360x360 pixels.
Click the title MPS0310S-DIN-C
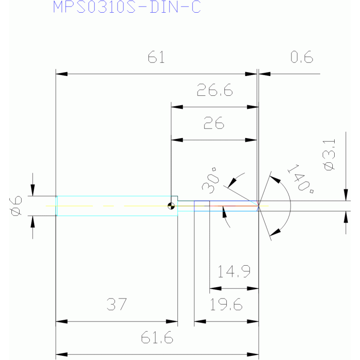click(x=127, y=7)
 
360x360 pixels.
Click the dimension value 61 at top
click(x=156, y=57)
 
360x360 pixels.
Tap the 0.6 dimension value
click(x=302, y=57)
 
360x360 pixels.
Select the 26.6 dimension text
click(x=214, y=90)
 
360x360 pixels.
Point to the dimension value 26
click(x=214, y=123)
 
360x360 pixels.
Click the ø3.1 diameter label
click(x=329, y=155)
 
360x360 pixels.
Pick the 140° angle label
click(x=300, y=179)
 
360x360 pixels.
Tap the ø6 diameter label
click(x=16, y=206)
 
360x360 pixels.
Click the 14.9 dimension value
click(x=234, y=271)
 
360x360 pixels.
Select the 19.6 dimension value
click(x=226, y=305)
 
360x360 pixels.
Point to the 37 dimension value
click(x=116, y=304)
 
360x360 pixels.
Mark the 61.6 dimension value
click(x=157, y=337)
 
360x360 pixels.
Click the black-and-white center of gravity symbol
click(x=171, y=206)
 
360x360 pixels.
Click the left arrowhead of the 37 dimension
click(x=61, y=322)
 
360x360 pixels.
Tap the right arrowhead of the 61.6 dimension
click(x=253, y=354)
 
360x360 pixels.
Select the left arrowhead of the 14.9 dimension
click(x=215, y=288)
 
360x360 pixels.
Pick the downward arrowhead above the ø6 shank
click(x=32, y=190)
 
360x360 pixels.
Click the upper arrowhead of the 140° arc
click(x=275, y=179)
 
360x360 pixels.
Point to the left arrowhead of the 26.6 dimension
click(x=177, y=107)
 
